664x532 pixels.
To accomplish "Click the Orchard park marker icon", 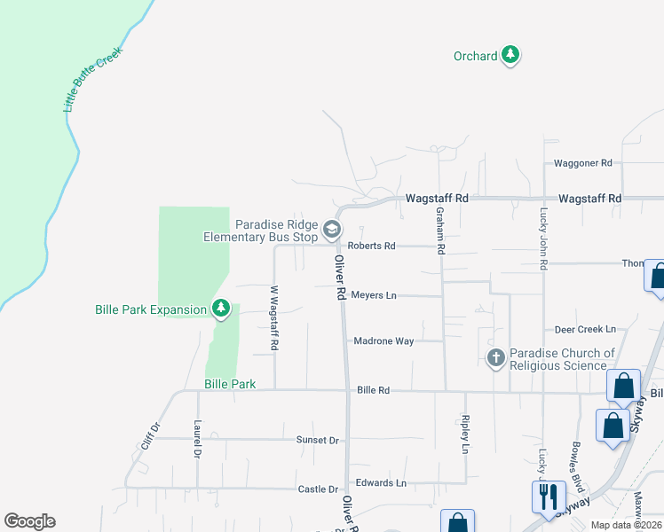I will [x=510, y=56].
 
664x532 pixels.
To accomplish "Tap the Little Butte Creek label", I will [x=92, y=80].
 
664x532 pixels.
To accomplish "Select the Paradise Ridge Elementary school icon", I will [x=331, y=231].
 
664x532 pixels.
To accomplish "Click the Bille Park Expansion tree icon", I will [x=220, y=309].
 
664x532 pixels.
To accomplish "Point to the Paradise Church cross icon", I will [x=495, y=358].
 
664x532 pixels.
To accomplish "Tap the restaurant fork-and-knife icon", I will [x=548, y=497].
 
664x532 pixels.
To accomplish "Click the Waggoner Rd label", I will [x=583, y=163].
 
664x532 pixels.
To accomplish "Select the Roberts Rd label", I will [x=371, y=246].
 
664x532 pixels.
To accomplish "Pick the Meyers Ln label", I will [x=374, y=295].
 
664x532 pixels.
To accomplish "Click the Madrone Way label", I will [x=383, y=340].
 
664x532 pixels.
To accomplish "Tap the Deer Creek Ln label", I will [x=585, y=329].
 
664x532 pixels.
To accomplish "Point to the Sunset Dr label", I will [x=319, y=440].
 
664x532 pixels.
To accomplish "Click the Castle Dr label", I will [x=319, y=489].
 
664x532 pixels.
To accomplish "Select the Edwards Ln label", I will [x=381, y=483].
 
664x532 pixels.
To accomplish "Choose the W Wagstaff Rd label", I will [x=274, y=317].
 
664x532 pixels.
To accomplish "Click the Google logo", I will [x=29, y=521].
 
